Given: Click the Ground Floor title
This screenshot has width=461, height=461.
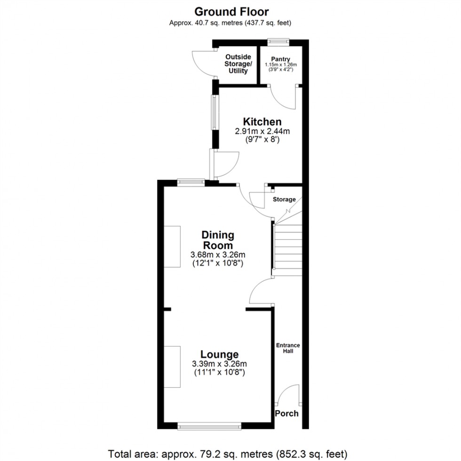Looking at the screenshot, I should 231,11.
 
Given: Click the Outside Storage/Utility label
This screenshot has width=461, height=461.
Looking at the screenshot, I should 238,64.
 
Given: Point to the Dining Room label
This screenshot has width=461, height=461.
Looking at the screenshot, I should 217,240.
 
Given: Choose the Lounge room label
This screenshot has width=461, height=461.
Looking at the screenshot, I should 219,354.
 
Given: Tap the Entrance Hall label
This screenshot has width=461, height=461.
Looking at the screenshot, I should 288,348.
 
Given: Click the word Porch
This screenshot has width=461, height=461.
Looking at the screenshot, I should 286,413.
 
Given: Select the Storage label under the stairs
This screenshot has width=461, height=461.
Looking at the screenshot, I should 284,199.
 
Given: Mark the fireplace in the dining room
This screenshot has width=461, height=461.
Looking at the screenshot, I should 172,246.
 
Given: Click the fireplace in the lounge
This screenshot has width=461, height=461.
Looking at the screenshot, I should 172,366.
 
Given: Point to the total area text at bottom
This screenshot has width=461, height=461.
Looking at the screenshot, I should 230,454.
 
